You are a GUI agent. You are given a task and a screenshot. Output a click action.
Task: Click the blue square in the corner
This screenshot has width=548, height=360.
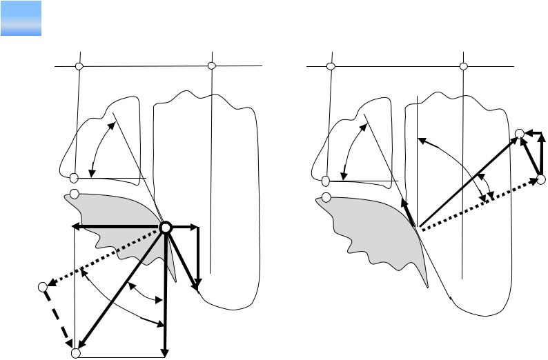[x=21, y=19]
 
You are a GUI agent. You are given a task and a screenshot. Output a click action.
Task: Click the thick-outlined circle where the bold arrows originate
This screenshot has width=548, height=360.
[x=166, y=228]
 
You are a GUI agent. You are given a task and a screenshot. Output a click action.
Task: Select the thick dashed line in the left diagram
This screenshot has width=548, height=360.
[x=58, y=319]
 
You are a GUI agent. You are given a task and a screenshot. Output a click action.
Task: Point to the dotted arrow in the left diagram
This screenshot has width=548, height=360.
[x=104, y=257]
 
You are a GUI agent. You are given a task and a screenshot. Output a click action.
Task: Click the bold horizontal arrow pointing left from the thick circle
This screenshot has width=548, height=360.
[x=117, y=227]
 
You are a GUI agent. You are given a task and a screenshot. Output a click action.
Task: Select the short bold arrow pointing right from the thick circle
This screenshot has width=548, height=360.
[x=185, y=227]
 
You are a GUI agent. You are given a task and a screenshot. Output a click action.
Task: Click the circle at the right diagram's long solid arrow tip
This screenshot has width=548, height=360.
[x=520, y=134]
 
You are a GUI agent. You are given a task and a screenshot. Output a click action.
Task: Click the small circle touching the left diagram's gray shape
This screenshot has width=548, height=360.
[x=75, y=194]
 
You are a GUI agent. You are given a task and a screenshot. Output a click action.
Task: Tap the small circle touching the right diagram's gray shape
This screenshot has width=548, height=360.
[x=326, y=198]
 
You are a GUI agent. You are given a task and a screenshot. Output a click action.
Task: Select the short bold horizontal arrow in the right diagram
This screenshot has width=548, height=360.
[x=532, y=134]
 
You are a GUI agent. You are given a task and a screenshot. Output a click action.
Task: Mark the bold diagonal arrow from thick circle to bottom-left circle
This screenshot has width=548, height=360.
[x=121, y=290]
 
